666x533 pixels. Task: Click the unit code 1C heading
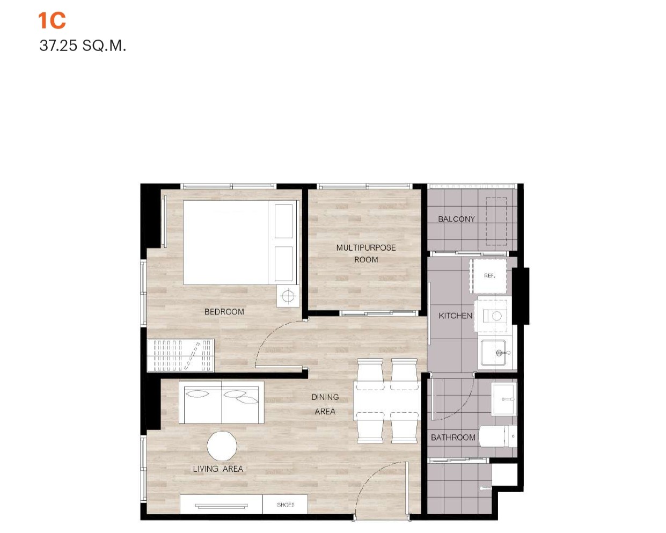52,21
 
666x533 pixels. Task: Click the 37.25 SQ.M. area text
83,46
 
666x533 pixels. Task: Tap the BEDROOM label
224,312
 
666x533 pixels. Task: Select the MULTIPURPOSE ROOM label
366,253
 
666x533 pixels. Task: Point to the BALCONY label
456,219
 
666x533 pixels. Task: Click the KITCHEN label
456,316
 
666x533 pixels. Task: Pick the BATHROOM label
453,437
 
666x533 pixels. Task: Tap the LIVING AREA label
218,469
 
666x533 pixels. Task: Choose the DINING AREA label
325,404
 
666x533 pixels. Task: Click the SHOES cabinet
286,505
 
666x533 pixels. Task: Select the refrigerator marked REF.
488,276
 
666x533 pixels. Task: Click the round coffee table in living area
222,446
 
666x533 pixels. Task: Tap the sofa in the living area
222,403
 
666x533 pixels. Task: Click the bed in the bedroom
240,243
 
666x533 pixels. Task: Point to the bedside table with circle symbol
288,296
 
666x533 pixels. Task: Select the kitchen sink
493,353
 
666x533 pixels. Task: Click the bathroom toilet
498,436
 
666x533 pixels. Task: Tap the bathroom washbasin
504,399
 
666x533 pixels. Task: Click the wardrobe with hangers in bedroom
181,355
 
